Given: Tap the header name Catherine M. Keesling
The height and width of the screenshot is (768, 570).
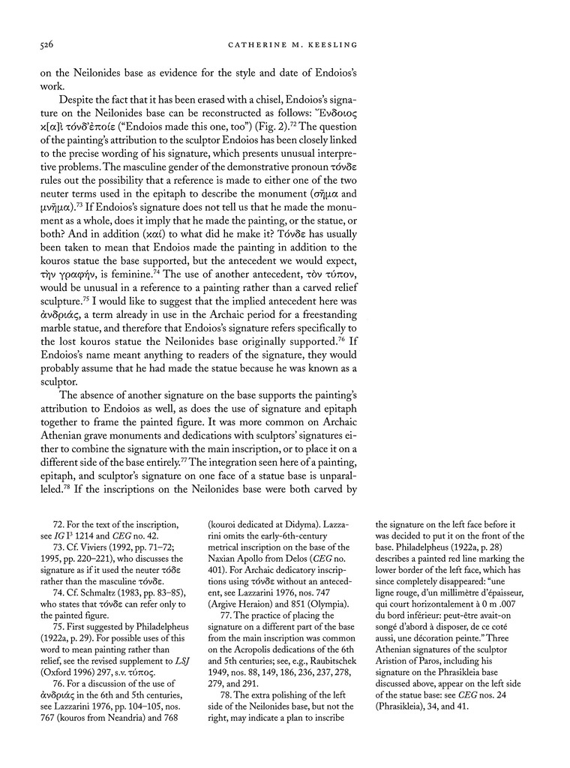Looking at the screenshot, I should pos(290,46).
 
